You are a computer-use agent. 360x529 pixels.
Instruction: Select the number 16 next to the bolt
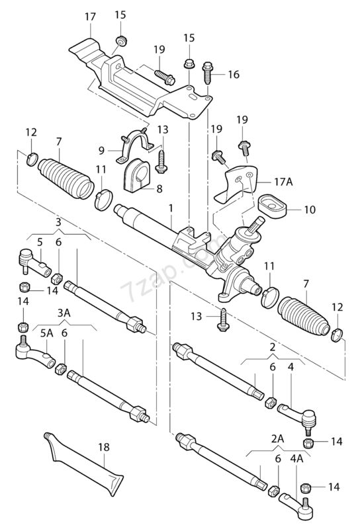[234, 75]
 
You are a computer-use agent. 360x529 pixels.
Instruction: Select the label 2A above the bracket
[277, 438]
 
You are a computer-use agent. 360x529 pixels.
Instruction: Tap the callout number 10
[309, 210]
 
